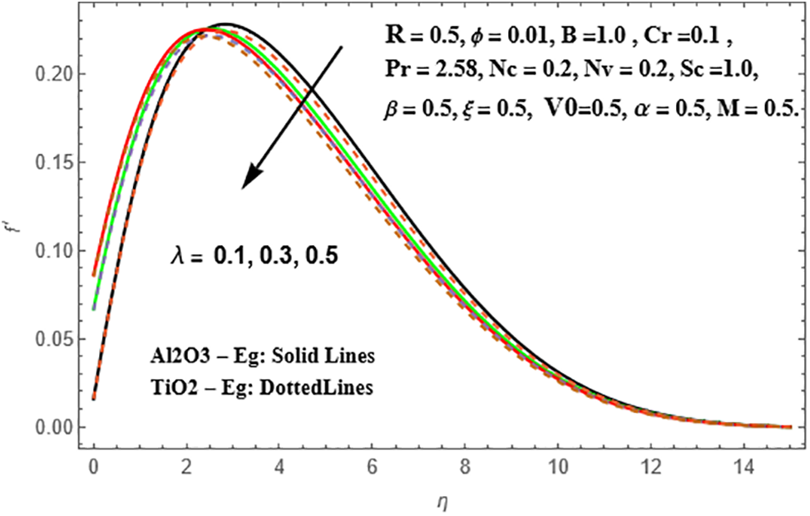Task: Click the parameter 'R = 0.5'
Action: coord(413,34)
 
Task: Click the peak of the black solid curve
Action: coord(225,24)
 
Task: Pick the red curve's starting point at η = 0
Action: coord(93,274)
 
